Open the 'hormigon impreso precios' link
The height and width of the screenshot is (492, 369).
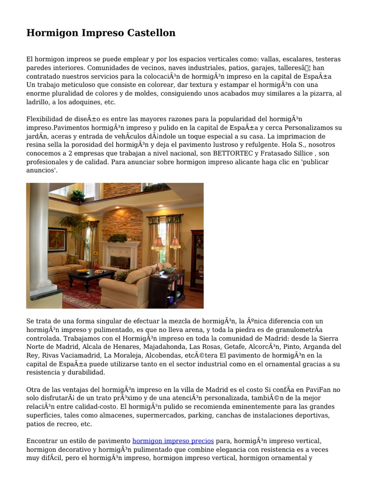pos(173,441)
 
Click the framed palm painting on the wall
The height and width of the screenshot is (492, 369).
pos(57,239)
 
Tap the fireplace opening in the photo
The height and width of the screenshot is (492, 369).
pos(120,262)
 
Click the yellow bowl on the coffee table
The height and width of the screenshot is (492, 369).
pos(83,271)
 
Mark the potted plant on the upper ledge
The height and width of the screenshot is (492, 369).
pos(77,195)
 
